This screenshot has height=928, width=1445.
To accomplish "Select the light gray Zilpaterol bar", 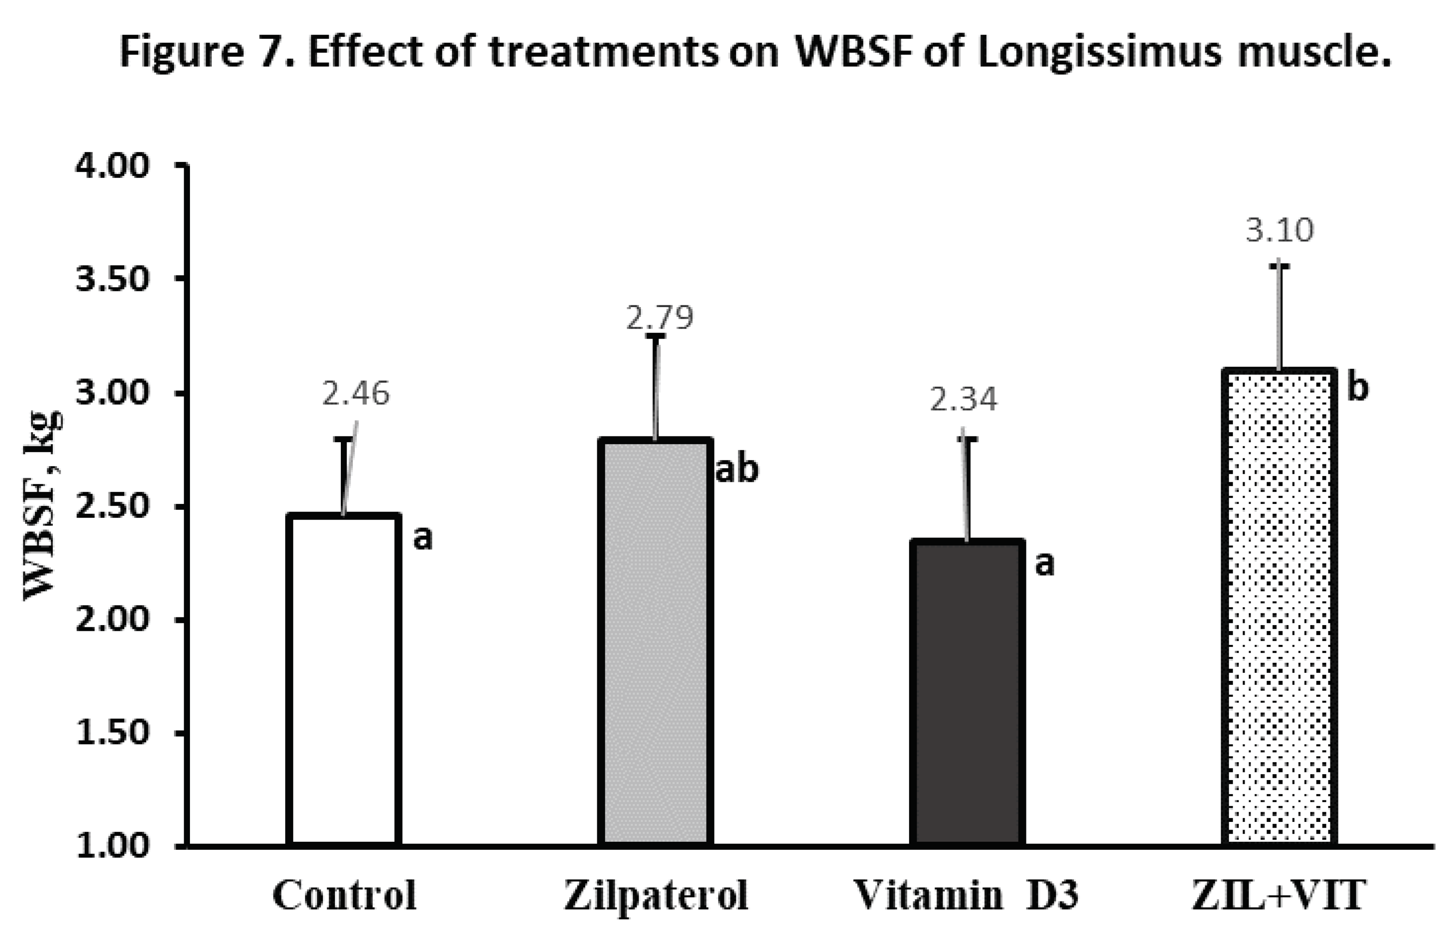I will (655, 642).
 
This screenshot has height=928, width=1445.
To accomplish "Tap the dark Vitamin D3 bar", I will (967, 693).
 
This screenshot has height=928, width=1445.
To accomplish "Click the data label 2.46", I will (356, 393).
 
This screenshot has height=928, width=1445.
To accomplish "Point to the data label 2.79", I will (660, 318).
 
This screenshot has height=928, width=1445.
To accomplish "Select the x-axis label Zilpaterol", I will (655, 896).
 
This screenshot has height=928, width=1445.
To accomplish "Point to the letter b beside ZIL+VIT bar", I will (1358, 388).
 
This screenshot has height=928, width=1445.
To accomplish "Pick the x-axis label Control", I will (344, 896).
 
